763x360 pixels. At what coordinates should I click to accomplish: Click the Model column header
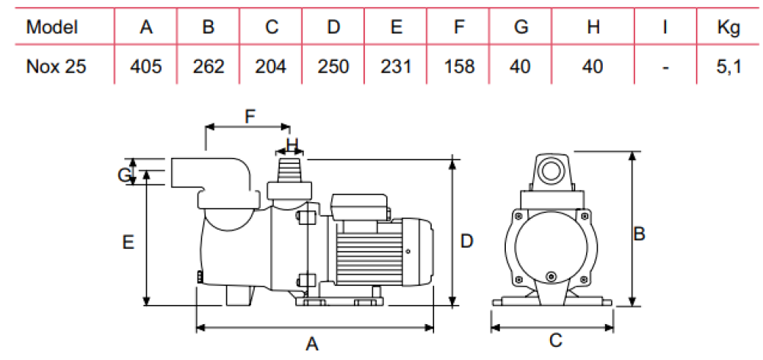(x=52, y=27)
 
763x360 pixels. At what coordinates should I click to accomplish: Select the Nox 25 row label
(x=56, y=66)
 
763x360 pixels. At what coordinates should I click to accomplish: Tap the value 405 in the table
(x=146, y=66)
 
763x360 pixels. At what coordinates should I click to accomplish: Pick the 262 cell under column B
(x=208, y=66)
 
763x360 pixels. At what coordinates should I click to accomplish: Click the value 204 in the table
(x=271, y=66)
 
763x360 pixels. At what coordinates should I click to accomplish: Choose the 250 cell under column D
(x=333, y=66)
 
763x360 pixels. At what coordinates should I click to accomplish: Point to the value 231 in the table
(x=395, y=66)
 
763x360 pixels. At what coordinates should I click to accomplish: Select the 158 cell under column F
(x=458, y=66)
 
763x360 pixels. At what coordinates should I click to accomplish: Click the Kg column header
(x=729, y=27)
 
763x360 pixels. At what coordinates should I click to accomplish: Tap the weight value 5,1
(x=729, y=66)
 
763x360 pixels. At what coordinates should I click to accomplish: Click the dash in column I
(x=665, y=67)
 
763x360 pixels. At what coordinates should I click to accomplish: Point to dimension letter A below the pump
(x=311, y=344)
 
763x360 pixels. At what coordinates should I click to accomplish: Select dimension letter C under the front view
(x=556, y=341)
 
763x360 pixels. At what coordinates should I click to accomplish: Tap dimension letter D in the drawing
(x=468, y=241)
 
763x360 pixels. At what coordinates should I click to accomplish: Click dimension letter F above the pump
(x=249, y=117)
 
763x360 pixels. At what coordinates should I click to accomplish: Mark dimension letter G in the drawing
(x=124, y=175)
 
